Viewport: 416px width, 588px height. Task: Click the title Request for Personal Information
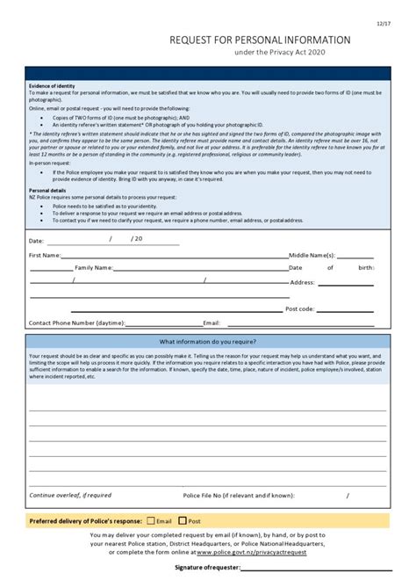[260, 40]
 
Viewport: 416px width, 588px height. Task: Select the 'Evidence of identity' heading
[52, 86]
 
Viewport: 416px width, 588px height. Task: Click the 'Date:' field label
[36, 240]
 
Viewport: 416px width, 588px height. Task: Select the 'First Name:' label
[45, 255]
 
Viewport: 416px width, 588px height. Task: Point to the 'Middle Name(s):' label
[312, 255]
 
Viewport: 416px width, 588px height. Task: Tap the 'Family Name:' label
[94, 267]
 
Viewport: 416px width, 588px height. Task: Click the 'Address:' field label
[302, 282]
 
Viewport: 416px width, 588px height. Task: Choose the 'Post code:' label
[300, 309]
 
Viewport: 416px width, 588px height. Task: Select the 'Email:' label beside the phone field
[212, 323]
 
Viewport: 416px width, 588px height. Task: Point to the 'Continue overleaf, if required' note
[70, 495]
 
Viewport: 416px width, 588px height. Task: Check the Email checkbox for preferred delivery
[151, 520]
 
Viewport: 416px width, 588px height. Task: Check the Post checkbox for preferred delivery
[183, 520]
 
